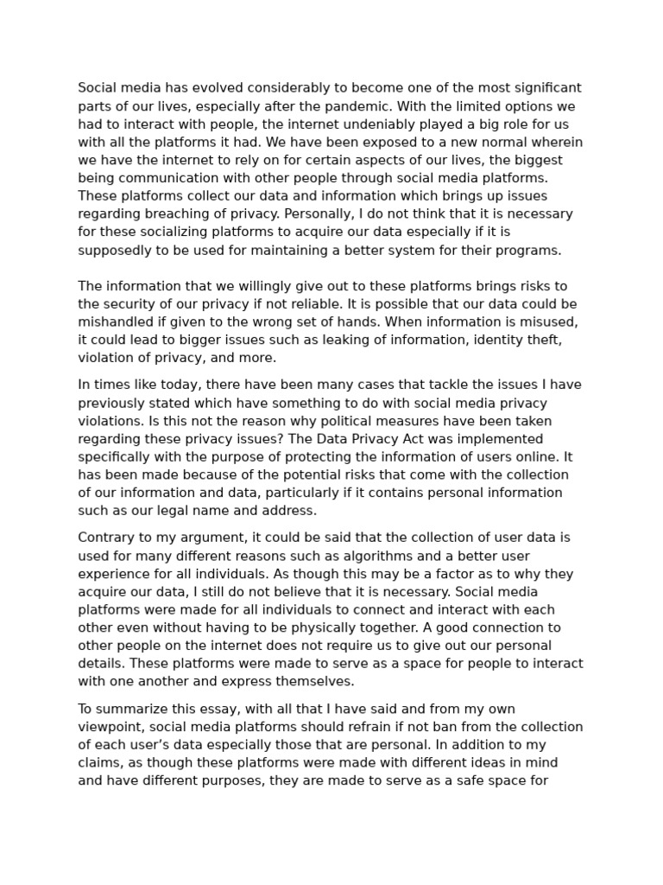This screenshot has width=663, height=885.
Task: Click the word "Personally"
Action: pyautogui.click(x=291, y=214)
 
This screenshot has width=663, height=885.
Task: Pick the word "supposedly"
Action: pyautogui.click(x=117, y=251)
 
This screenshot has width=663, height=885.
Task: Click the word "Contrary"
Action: pyautogui.click(x=105, y=538)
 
